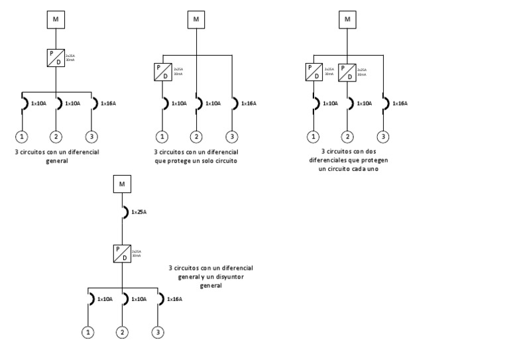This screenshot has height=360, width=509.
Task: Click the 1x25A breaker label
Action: (x=139, y=212)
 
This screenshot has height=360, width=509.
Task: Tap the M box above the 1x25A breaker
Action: (x=122, y=183)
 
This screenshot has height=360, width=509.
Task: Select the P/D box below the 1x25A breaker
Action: (x=122, y=253)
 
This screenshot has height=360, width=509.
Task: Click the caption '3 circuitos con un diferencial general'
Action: (x=57, y=156)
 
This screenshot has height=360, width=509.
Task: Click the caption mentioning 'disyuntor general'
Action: (x=211, y=276)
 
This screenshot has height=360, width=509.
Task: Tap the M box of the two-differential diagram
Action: (x=347, y=20)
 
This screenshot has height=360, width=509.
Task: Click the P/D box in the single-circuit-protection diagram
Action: (x=162, y=71)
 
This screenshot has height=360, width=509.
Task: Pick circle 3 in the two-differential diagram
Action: (x=383, y=137)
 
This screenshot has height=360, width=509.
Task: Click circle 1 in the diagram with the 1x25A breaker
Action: (x=87, y=332)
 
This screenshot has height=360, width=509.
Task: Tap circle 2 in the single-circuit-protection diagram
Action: (x=196, y=137)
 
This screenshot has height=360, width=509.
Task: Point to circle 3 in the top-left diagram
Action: (x=91, y=137)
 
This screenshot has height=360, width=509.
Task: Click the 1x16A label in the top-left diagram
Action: (x=108, y=103)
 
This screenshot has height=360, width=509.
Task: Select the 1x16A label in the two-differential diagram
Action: (x=400, y=103)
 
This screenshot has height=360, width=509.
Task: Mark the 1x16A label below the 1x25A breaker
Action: (x=174, y=299)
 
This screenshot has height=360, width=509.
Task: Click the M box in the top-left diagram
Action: (x=56, y=20)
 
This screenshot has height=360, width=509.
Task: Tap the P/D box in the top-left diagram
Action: (x=56, y=57)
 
